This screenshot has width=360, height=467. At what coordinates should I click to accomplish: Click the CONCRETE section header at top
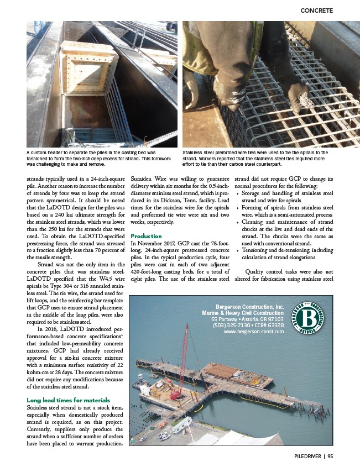(x=316, y=10)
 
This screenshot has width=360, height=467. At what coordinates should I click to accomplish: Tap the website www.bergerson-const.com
(x=254, y=332)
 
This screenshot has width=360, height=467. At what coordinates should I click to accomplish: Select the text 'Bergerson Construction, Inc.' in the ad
(x=251, y=307)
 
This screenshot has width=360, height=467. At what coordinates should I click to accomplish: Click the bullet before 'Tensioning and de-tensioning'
(x=238, y=250)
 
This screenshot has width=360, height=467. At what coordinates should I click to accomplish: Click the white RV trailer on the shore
(x=181, y=425)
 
